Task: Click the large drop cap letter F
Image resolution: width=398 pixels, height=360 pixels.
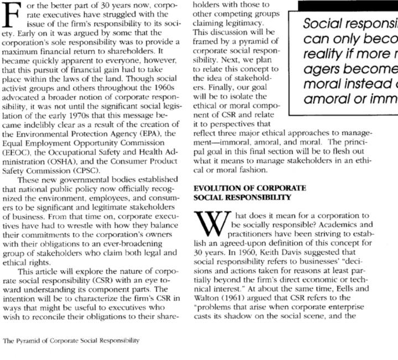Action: pyautogui.click(x=13, y=17)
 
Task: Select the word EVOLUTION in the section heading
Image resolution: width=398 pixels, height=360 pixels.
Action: pyautogui.click(x=216, y=188)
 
